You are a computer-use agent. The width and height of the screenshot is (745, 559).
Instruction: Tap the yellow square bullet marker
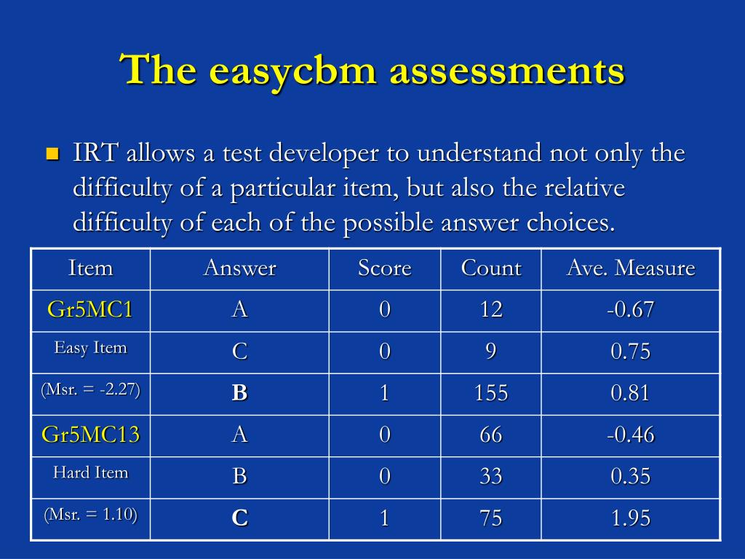[52, 154]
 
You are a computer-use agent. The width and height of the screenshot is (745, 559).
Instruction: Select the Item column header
[91, 268]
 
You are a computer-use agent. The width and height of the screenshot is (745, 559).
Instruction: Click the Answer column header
[240, 268]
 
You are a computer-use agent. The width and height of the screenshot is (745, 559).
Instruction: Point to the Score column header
[385, 268]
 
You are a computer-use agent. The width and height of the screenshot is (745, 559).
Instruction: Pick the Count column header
[491, 268]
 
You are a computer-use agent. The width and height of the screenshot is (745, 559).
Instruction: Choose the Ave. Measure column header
[631, 268]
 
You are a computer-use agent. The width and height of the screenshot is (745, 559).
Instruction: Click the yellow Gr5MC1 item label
[89, 309]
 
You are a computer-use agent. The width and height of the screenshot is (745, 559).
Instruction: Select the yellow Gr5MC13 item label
[91, 435]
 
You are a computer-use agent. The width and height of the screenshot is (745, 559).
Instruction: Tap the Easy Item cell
[91, 348]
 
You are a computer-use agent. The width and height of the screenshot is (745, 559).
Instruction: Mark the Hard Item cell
[91, 472]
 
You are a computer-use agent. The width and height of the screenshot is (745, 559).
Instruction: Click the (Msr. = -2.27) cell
[91, 390]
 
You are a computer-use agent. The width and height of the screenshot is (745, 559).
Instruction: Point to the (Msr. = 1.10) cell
[91, 515]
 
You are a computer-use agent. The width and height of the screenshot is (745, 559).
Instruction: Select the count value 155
[491, 393]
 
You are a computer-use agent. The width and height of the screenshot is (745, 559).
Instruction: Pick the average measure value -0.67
[631, 310]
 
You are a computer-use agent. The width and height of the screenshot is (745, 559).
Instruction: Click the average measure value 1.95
[631, 518]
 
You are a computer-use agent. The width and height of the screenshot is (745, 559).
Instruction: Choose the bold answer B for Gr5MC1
[240, 393]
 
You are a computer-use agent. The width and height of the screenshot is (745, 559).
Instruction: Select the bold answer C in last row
[240, 518]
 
